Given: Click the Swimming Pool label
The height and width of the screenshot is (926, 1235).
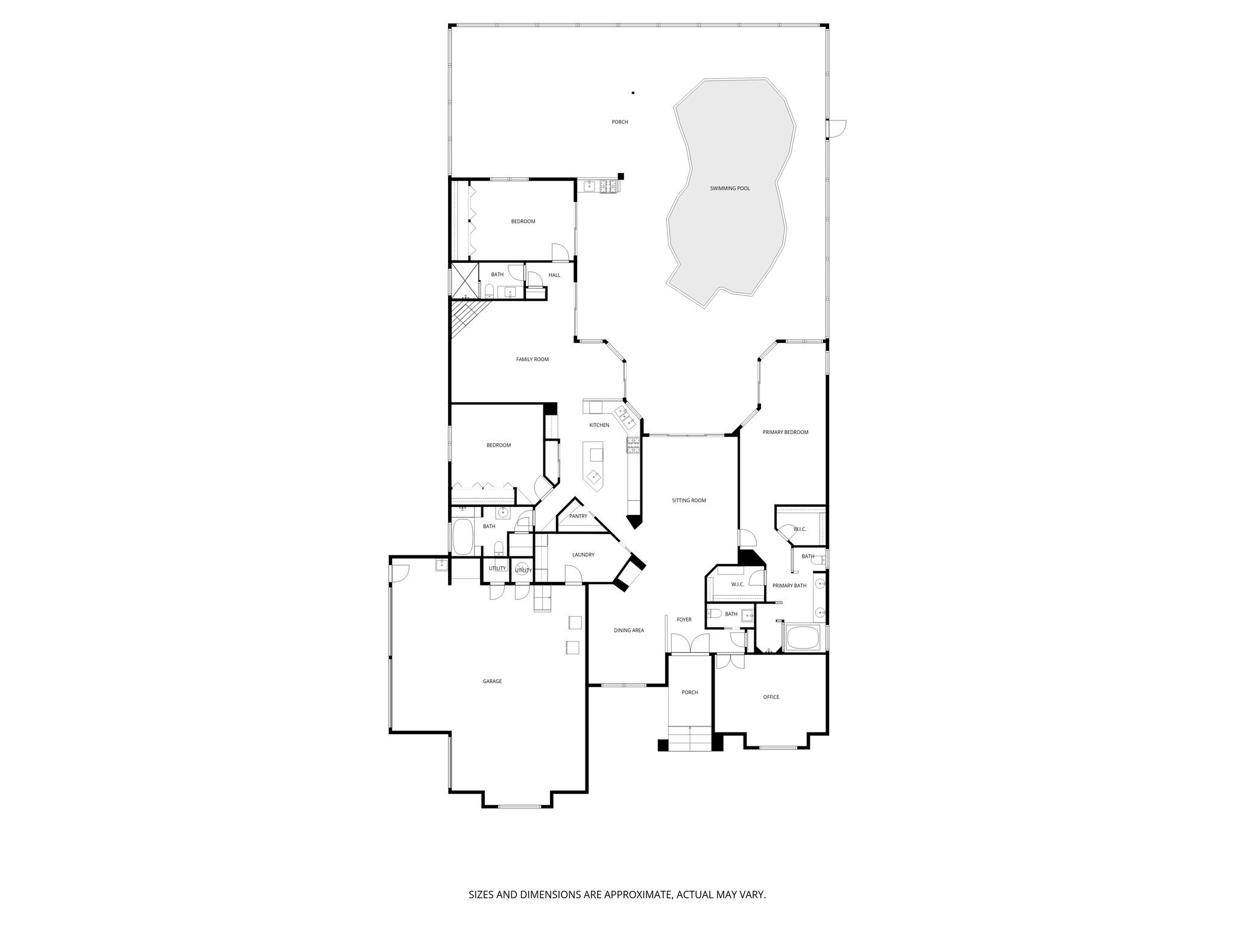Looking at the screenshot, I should point(730,189).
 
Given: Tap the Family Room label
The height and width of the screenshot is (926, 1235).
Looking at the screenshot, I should point(532,359).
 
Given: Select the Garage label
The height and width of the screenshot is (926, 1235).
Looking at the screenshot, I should point(492,681).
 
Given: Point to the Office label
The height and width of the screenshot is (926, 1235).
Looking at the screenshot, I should point(771,697).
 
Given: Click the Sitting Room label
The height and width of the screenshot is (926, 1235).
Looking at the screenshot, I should point(689,500).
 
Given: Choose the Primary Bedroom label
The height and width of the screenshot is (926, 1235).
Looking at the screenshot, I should point(785,432).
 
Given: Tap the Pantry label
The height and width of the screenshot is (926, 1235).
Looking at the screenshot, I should point(578,516).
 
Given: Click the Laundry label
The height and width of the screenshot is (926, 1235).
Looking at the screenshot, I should point(583,555).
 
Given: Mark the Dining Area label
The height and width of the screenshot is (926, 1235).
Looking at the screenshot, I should point(629,631).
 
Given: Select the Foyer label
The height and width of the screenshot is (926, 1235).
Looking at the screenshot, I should point(684,620).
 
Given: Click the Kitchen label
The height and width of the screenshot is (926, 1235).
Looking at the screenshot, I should point(599,425).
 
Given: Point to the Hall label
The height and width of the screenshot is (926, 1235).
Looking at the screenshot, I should point(554,276).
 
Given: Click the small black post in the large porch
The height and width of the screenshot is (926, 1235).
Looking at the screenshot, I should point(633,93).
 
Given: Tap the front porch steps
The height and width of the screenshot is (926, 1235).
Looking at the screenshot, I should point(690,739).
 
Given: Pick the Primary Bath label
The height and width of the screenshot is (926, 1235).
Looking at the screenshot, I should point(789,585).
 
